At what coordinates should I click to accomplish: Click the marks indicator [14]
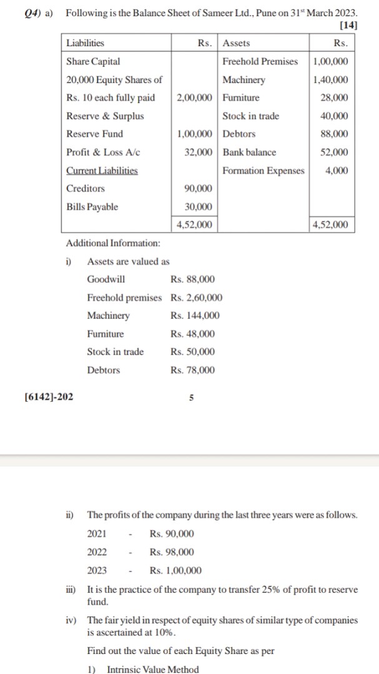pos(347,26)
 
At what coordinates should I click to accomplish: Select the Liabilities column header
pos(86,43)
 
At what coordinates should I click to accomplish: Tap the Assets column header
pos(237,43)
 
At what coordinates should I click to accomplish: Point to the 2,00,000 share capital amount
pos(195,97)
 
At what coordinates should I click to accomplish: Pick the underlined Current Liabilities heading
pos(102,170)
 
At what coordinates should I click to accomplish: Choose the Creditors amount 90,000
pos(198,188)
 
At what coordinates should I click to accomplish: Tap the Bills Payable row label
pos(92,207)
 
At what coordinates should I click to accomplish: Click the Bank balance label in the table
pos(249,152)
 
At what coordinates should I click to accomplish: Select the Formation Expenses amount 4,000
pos(337,170)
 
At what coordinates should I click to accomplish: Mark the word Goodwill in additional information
pos(106,279)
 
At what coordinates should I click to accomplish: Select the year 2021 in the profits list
pos(97,534)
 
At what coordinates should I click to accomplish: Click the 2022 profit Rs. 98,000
pos(172,552)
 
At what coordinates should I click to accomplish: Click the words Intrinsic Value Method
pos(153,669)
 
